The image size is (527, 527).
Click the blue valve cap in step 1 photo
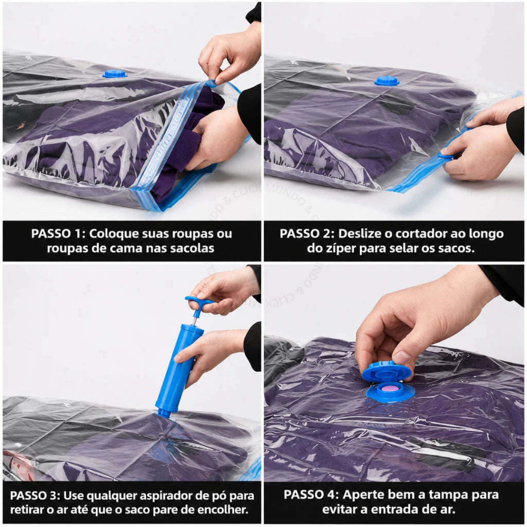pos(115,74)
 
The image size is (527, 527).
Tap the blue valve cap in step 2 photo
pos(387,81)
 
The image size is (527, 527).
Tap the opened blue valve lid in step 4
pos(387,372)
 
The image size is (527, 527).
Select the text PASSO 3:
pos(35,496)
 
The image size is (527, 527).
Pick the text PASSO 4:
pos(311,495)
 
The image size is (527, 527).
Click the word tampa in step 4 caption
pos(448,495)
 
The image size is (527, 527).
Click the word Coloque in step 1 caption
pos(111,234)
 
